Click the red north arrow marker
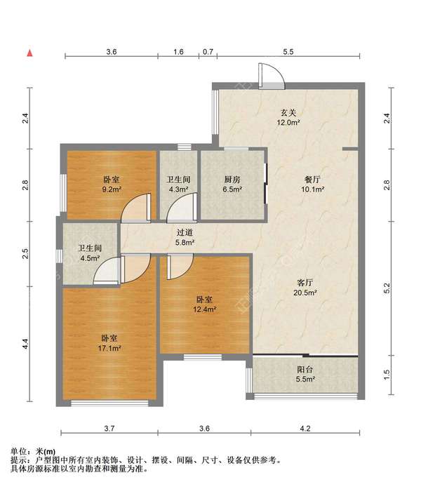(30, 53)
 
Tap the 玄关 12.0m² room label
(288, 117)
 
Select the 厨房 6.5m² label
(232, 185)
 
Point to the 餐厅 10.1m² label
(312, 185)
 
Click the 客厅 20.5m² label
(305, 288)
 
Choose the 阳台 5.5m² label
(305, 374)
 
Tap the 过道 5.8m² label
(185, 237)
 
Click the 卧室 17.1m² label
(109, 343)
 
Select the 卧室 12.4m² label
(204, 304)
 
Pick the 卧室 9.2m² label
(112, 185)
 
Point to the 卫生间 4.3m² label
(178, 185)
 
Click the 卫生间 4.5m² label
(90, 253)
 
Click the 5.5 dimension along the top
(288, 51)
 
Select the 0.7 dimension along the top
(208, 51)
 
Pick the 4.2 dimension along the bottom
(305, 429)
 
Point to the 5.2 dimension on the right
(387, 288)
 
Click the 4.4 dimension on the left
(25, 344)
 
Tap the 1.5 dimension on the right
(387, 375)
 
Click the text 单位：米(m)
(33, 451)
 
